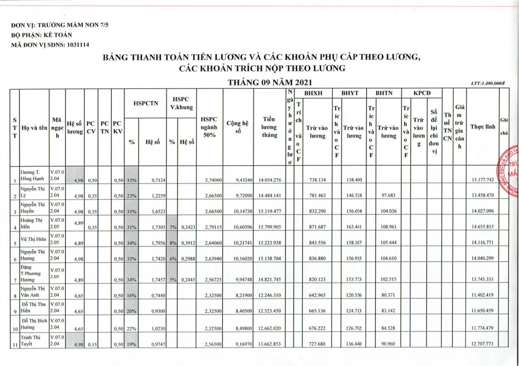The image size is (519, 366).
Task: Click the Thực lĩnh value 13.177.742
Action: pos(483,180)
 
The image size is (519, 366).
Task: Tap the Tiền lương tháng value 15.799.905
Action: pos(270,227)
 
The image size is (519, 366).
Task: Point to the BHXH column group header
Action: pos(313,93)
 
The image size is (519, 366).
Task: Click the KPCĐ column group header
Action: pos(422,93)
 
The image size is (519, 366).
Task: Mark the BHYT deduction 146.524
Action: pos(354,195)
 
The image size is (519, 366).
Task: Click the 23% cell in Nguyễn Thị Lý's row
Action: pos(131,196)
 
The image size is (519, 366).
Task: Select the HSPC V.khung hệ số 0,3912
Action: pos(188,243)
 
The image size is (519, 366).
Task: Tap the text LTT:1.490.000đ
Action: pos(488,84)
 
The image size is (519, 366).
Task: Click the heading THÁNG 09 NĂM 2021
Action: pos(270,82)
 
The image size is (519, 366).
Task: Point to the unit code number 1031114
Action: pos(78,45)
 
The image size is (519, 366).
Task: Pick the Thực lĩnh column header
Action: pos(483,127)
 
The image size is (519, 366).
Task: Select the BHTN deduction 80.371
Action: pos(388,295)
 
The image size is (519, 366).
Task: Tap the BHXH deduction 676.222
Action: pos(317,328)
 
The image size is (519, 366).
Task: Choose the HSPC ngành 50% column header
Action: pos(209,127)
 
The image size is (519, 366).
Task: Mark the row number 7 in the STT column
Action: pos(15,280)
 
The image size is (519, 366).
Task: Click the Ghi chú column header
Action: pos(504,127)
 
